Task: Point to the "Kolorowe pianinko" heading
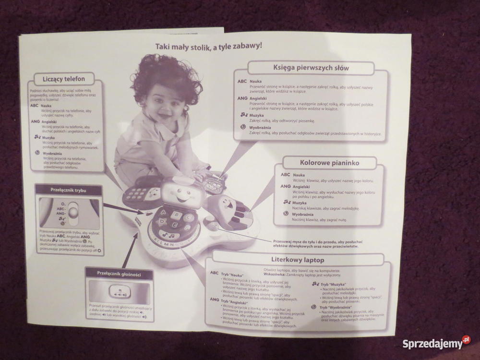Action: (x=329, y=163)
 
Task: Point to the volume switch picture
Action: (x=118, y=291)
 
